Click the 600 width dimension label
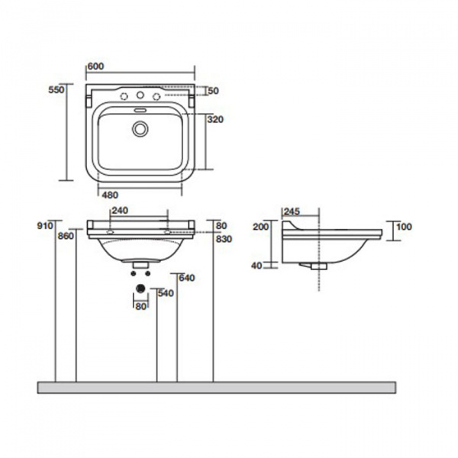pyautogui.click(x=95, y=66)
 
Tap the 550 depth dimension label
pyautogui.click(x=56, y=89)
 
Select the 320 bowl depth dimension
pyautogui.click(x=215, y=119)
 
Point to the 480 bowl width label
pyautogui.click(x=110, y=195)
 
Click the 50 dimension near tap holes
pyautogui.click(x=213, y=91)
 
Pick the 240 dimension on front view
pyautogui.click(x=120, y=211)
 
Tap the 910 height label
pyautogui.click(x=45, y=225)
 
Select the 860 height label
pyautogui.click(x=66, y=236)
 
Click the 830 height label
pyautogui.click(x=224, y=239)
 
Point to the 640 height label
pyautogui.click(x=187, y=278)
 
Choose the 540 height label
pyautogui.click(x=166, y=293)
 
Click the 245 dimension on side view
pyautogui.click(x=292, y=211)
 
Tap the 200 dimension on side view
pyautogui.click(x=260, y=227)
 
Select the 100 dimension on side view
pyautogui.click(x=404, y=227)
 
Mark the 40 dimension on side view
pyautogui.click(x=256, y=266)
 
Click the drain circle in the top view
pyautogui.click(x=140, y=129)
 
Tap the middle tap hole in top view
pyautogui.click(x=140, y=95)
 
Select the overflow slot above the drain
pyautogui.click(x=140, y=110)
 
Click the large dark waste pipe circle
pyautogui.click(x=140, y=289)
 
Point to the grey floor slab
pyautogui.click(x=217, y=388)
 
